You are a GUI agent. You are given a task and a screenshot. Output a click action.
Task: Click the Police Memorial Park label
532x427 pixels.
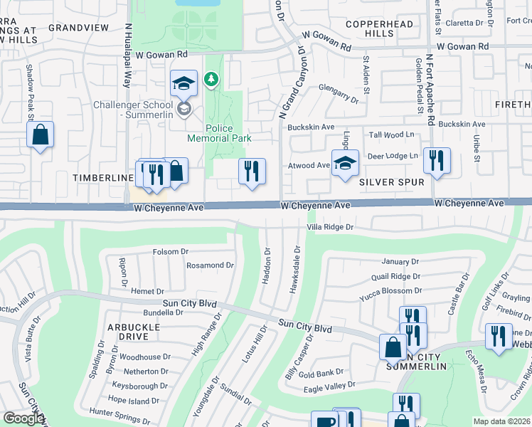pyautogui.click(x=218, y=132)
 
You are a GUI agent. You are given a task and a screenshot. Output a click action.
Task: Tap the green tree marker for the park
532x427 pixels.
pyautogui.click(x=211, y=79)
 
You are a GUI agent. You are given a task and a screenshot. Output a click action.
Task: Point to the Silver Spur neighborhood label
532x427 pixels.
pyautogui.click(x=391, y=182)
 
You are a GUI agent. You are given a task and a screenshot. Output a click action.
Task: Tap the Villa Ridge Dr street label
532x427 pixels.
pyautogui.click(x=329, y=227)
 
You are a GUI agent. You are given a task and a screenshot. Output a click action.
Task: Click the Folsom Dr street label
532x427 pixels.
pyautogui.click(x=170, y=251)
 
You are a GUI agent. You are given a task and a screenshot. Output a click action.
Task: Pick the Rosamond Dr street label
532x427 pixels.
pyautogui.click(x=209, y=265)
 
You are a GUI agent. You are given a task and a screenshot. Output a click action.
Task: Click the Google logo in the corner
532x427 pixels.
pyautogui.click(x=23, y=418)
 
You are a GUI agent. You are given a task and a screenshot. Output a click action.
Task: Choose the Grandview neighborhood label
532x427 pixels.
pyautogui.click(x=78, y=27)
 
